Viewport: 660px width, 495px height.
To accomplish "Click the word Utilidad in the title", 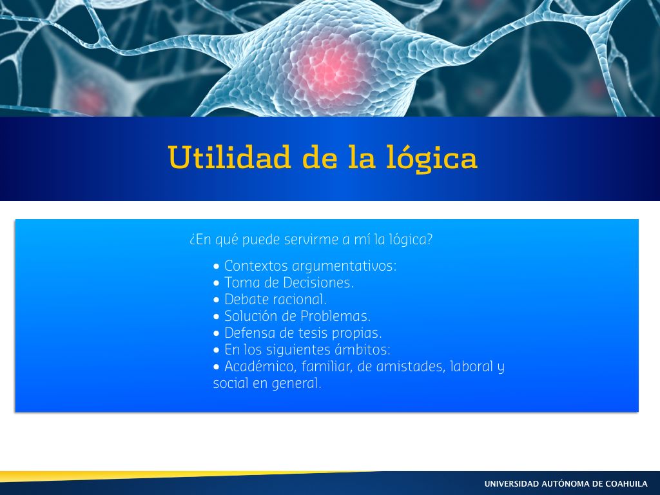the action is point(229,157).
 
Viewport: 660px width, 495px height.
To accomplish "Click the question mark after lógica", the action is point(429,239).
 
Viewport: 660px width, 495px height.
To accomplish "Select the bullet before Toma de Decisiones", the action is point(217,283).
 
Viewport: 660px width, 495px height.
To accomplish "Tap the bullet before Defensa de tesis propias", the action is point(217,333).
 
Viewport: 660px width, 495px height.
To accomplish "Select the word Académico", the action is point(260,367).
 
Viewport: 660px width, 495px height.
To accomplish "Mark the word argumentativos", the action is point(344,266).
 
